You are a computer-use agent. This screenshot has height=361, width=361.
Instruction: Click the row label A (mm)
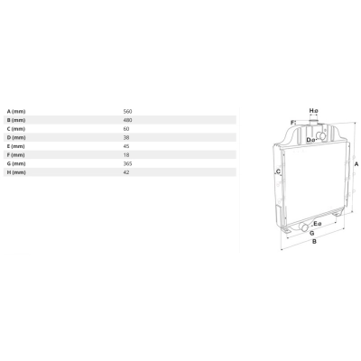tap(16, 112)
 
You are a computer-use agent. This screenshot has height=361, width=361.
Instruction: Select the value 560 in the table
tap(127, 112)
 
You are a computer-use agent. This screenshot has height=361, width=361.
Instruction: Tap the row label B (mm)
tap(16, 120)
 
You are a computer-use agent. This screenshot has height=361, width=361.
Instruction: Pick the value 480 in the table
tap(127, 120)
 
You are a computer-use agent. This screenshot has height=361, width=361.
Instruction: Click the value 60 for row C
tap(126, 129)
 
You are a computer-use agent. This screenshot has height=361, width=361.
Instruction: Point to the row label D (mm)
tap(16, 138)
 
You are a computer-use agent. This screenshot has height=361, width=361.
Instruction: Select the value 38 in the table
tap(126, 138)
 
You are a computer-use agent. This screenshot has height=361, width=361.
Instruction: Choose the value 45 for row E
tap(126, 146)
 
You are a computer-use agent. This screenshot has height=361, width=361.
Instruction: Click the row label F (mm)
tap(16, 155)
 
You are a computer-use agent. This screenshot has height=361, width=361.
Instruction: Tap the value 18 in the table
tap(126, 155)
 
